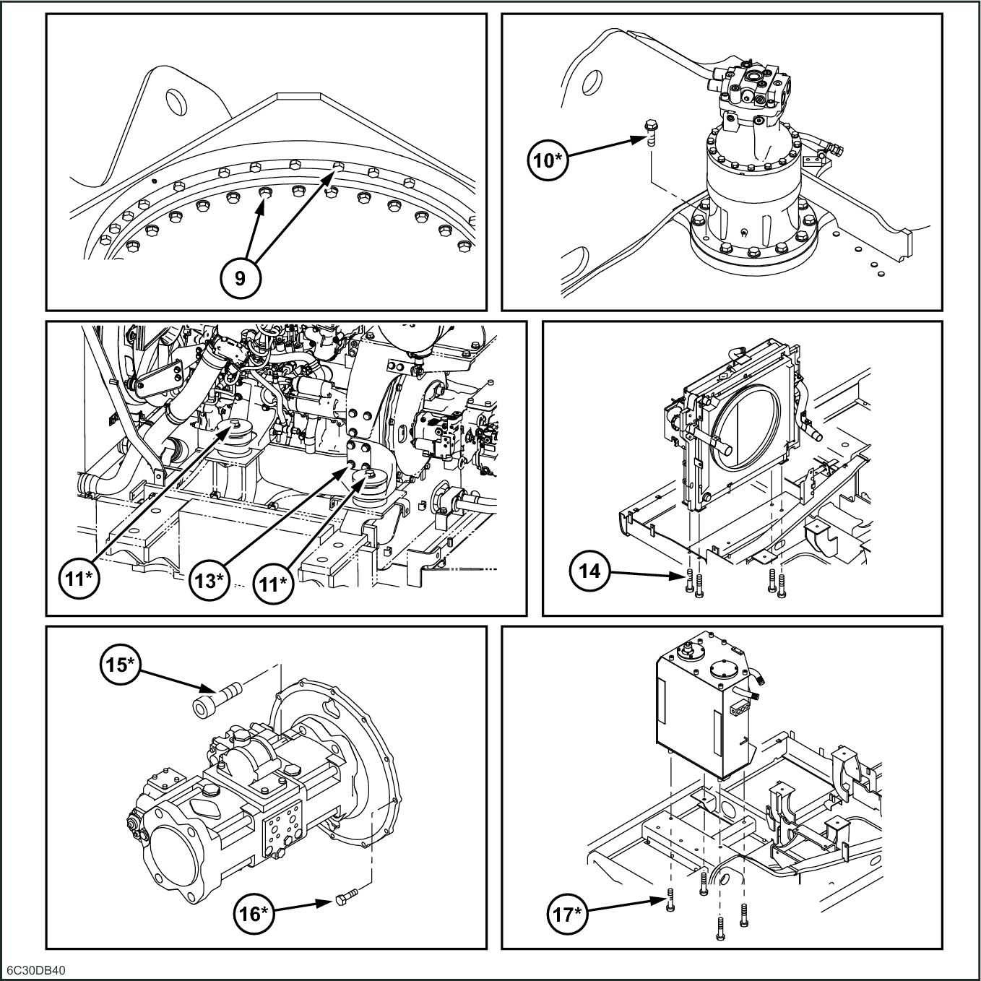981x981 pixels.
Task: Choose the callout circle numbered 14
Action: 590,571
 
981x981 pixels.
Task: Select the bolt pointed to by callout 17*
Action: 671,898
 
